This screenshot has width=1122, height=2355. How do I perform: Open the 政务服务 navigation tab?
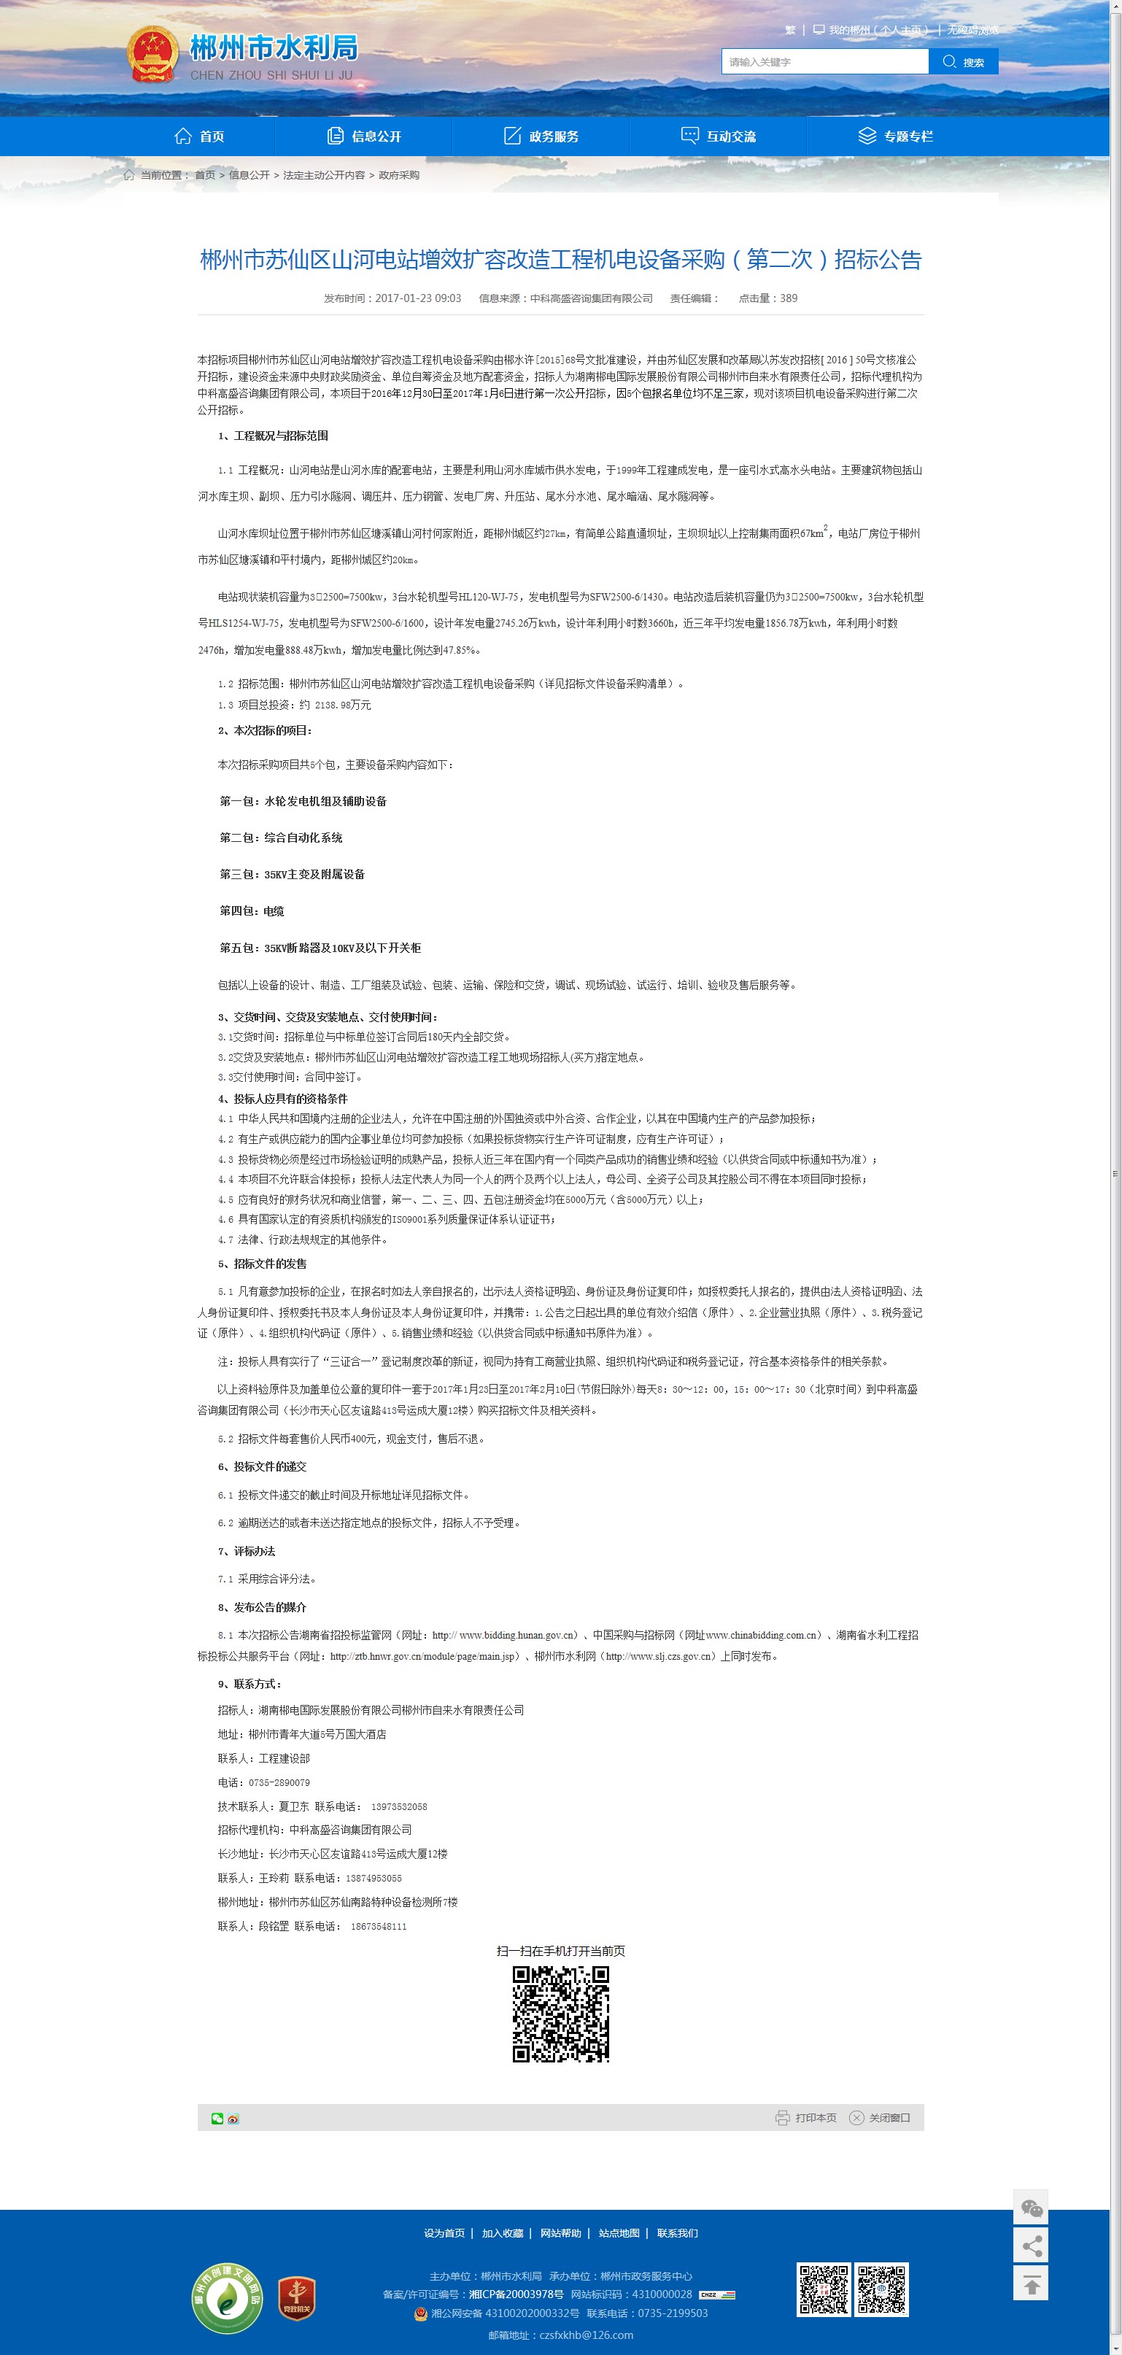pyautogui.click(x=541, y=136)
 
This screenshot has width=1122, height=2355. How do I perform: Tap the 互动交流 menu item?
pyautogui.click(x=719, y=136)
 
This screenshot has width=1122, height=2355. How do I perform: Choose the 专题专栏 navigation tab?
pyautogui.click(x=895, y=136)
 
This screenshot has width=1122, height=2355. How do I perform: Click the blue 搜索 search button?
pyautogui.click(x=964, y=62)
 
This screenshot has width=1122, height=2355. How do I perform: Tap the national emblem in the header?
pyautogui.click(x=152, y=55)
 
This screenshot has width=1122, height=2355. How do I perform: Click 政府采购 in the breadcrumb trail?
pyautogui.click(x=399, y=174)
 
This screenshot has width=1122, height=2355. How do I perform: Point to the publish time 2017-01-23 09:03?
pyautogui.click(x=418, y=298)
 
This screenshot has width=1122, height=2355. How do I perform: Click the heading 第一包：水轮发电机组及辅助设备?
pyautogui.click(x=303, y=801)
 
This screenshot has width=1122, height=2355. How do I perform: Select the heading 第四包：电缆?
pyautogui.click(x=252, y=910)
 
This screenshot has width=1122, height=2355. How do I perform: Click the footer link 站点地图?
pyautogui.click(x=619, y=2232)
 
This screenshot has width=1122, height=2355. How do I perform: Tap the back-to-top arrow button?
pyautogui.click(x=1031, y=2283)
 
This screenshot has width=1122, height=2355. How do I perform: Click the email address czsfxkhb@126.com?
pyautogui.click(x=585, y=2334)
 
